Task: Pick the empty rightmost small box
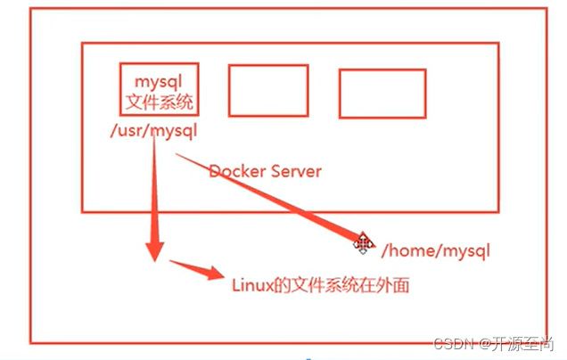(370, 94)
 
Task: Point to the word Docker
(235, 170)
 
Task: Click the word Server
(295, 170)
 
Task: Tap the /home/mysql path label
(435, 251)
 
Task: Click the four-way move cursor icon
(363, 242)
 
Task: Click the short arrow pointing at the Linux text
(195, 268)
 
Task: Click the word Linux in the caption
(252, 286)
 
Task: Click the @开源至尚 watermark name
(517, 343)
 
